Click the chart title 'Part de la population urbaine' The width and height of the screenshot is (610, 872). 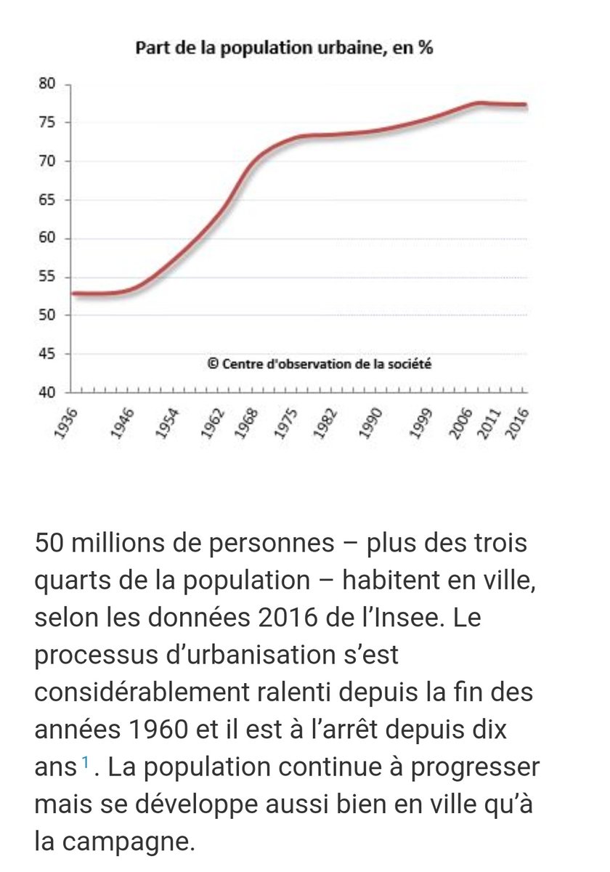[x=285, y=49]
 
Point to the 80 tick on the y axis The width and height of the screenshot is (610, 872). [x=47, y=84]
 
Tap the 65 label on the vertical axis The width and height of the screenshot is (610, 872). [x=47, y=200]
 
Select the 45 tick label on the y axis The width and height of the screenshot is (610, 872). [x=47, y=354]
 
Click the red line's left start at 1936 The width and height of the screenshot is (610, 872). [x=73, y=294]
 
